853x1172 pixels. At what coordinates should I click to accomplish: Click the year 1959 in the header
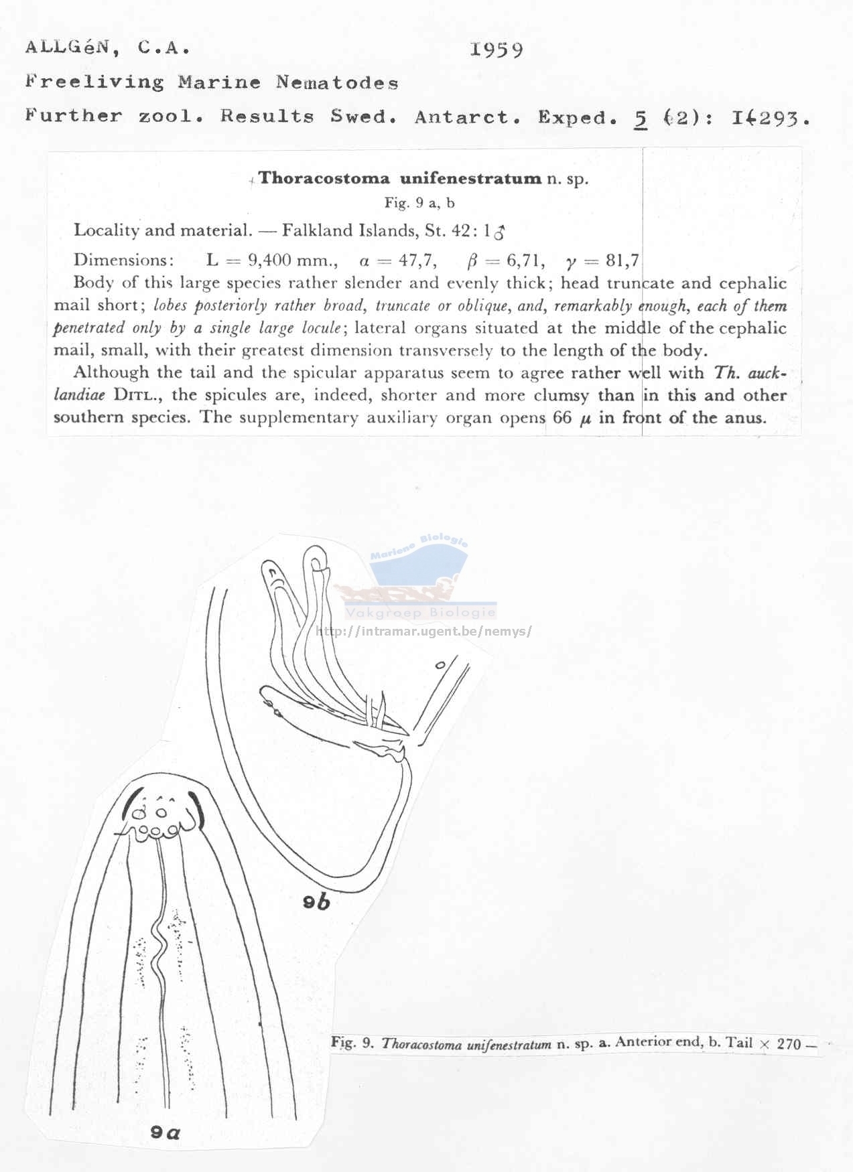click(x=496, y=50)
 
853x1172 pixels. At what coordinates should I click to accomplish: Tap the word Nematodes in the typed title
click(x=337, y=83)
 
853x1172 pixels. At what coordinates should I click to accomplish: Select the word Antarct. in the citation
click(x=468, y=117)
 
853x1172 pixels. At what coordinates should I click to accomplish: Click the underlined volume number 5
click(x=640, y=118)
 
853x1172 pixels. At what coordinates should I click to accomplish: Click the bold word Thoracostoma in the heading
click(x=324, y=178)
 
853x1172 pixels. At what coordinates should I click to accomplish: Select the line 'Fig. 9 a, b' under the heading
click(x=419, y=202)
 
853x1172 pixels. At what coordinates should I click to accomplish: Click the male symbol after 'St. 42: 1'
click(x=499, y=232)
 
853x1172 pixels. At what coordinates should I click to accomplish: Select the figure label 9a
click(x=165, y=1132)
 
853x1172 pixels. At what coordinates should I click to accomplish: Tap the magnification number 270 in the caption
click(x=789, y=1043)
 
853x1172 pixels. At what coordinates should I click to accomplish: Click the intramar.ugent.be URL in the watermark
click(x=423, y=631)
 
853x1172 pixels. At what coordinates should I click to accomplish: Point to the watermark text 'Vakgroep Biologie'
click(x=420, y=613)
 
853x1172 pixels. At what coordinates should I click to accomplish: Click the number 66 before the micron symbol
click(x=562, y=417)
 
